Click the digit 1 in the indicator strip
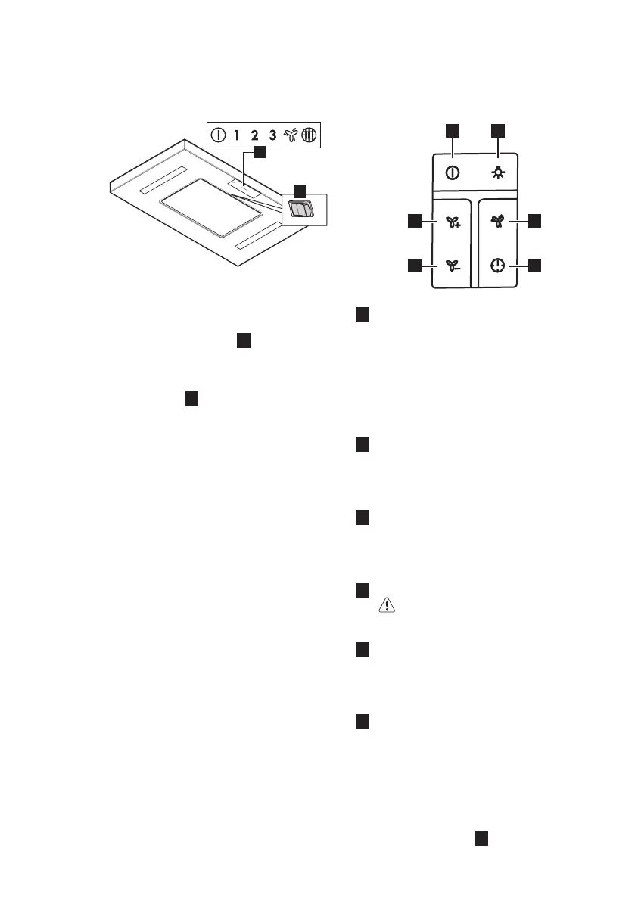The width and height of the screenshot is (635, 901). [x=236, y=137]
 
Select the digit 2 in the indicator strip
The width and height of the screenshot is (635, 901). [x=254, y=137]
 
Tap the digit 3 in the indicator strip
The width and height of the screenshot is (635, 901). [x=272, y=137]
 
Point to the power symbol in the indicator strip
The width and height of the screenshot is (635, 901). [x=218, y=137]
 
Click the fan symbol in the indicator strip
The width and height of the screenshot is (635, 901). [x=291, y=137]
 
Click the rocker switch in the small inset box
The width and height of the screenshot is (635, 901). [x=301, y=210]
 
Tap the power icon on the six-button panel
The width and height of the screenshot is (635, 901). [x=452, y=172]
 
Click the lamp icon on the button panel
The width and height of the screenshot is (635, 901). [x=500, y=172]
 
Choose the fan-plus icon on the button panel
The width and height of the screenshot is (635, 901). [x=452, y=222]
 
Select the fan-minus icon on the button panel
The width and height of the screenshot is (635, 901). [x=452, y=266]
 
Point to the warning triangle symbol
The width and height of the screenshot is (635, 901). [x=388, y=604]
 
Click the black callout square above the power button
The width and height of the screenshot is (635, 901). [x=452, y=130]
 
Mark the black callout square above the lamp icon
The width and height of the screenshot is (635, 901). [x=500, y=130]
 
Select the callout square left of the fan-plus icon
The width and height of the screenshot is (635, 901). [x=414, y=221]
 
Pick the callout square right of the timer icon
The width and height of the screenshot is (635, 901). [x=535, y=265]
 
